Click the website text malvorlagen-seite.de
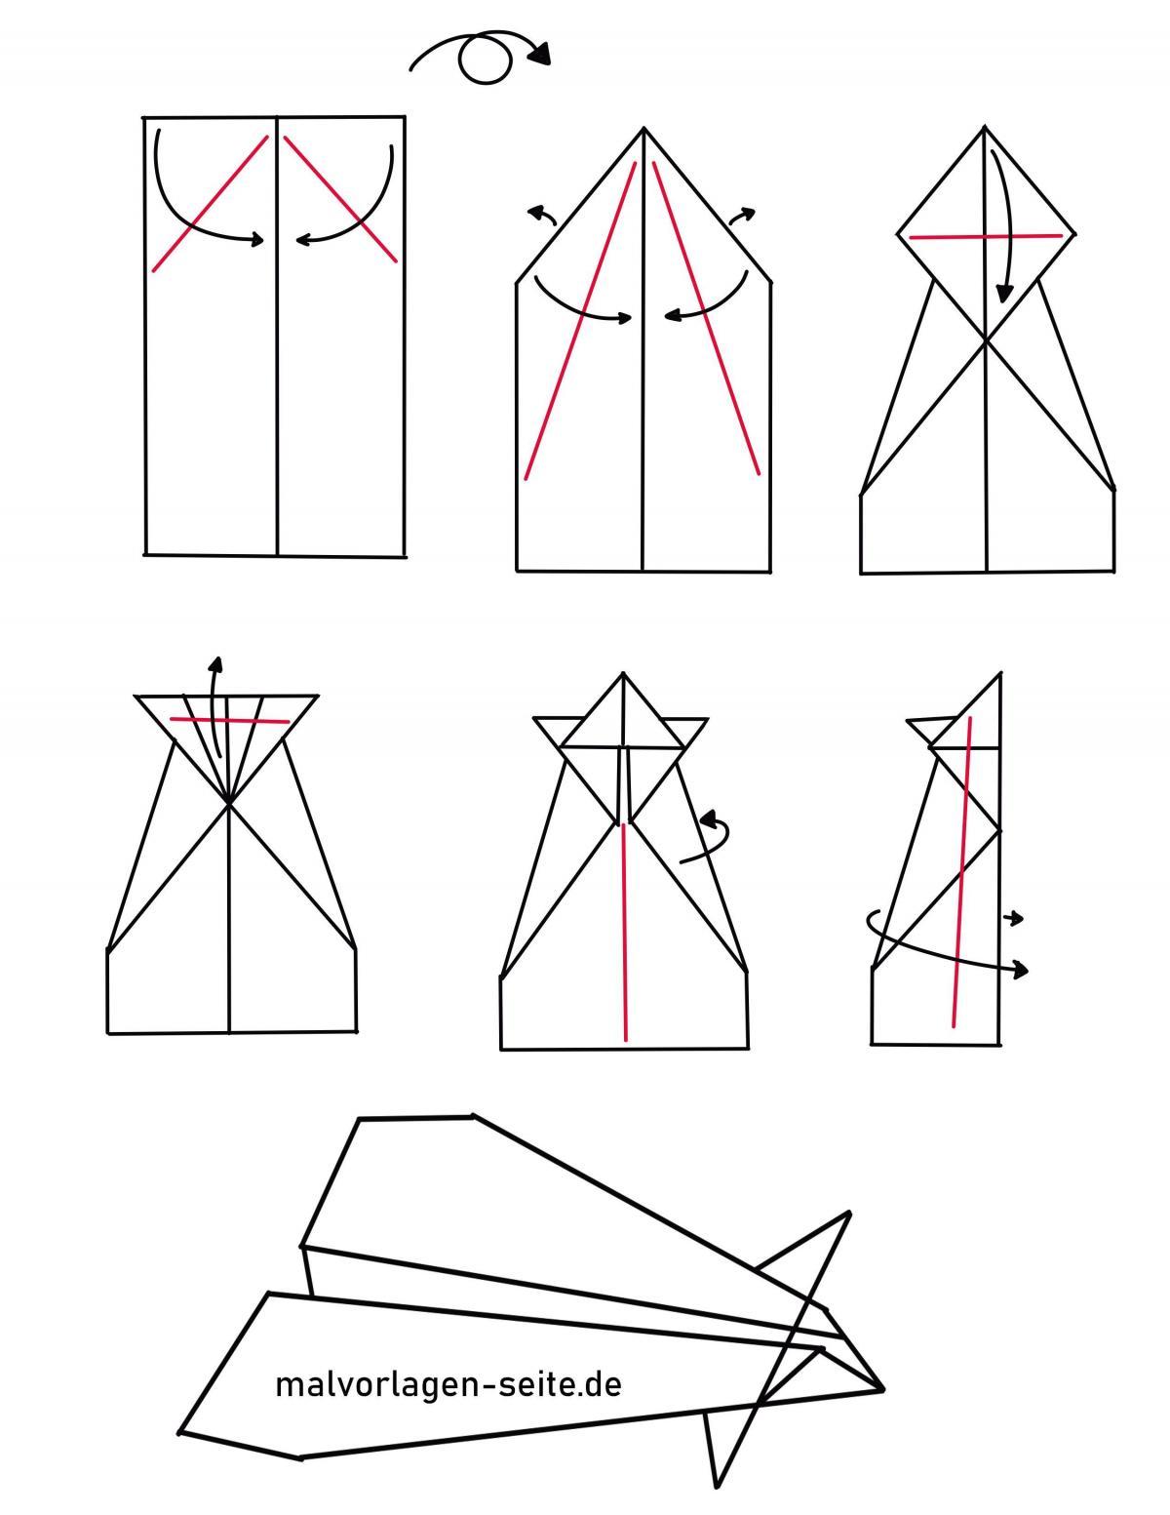(448, 1384)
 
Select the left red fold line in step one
(210, 204)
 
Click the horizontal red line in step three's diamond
(986, 236)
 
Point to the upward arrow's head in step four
(216, 664)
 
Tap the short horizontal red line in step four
(229, 720)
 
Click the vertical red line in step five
(624, 933)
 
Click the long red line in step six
(962, 871)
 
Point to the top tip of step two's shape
(643, 129)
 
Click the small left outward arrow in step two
(541, 216)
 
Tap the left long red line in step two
(580, 321)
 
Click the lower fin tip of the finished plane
(717, 1486)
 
